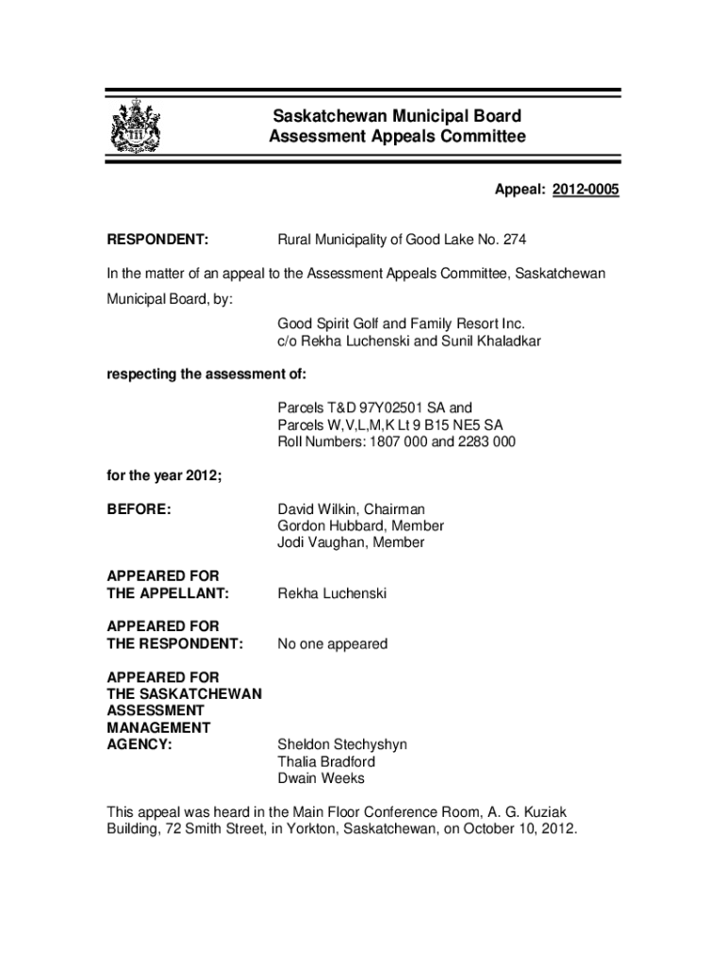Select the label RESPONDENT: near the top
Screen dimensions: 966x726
(157, 240)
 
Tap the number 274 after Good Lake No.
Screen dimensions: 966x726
(515, 240)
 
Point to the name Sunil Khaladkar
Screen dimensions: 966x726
(491, 341)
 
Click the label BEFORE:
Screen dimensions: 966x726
(139, 509)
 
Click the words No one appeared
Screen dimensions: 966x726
(332, 644)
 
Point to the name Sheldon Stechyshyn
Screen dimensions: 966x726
(342, 744)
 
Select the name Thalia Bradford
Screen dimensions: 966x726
(326, 761)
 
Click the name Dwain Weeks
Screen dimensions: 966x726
(321, 778)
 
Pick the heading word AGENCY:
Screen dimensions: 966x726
(140, 744)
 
